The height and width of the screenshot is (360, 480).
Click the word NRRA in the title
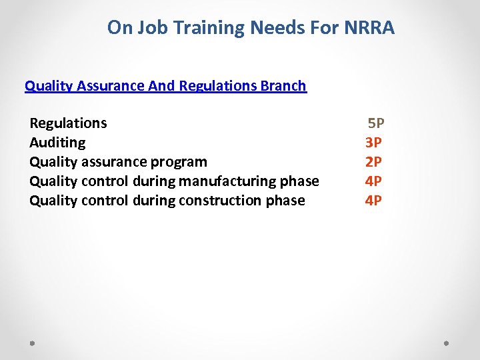pos(375,28)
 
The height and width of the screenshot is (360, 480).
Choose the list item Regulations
pos(68,123)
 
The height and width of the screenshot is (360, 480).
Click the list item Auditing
pos(57,143)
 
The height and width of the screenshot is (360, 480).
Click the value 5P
pos(376,123)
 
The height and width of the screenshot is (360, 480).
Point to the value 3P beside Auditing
pos(373,143)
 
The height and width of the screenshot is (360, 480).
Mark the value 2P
pos(373,162)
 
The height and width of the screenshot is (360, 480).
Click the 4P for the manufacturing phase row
pos(373,181)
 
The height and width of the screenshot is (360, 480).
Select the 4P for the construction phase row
pos(373,201)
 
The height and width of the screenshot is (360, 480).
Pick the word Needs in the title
pos(276,28)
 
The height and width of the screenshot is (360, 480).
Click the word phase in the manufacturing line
pos(301,181)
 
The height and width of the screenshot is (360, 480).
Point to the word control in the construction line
pos(106,201)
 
